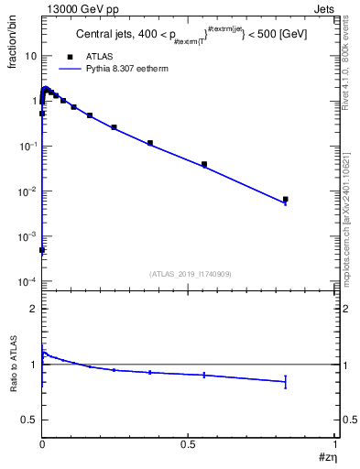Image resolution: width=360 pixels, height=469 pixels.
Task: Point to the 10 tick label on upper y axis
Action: click(31, 56)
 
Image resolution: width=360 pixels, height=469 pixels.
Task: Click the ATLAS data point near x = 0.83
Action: click(285, 199)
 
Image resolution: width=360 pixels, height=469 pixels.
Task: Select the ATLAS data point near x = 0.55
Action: click(204, 165)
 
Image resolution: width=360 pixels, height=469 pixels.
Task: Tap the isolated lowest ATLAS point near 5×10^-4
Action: click(42, 249)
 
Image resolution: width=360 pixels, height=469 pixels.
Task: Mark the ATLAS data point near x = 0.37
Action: click(150, 143)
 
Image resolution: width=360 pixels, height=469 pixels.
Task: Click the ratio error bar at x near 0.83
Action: click(285, 382)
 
